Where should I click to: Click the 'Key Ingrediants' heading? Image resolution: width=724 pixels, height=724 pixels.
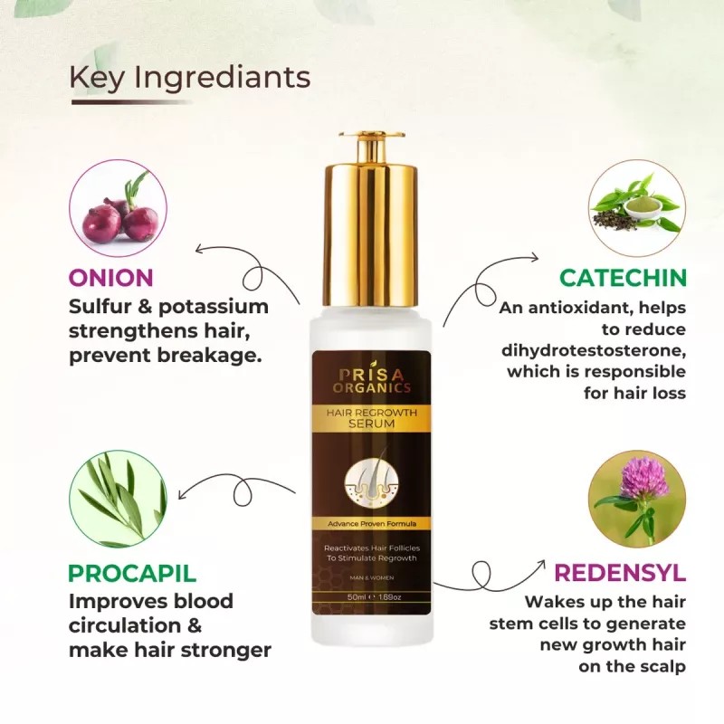coord(189,78)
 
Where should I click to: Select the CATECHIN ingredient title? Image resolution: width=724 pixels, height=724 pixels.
coord(623,278)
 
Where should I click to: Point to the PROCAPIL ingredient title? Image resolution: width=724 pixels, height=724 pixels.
coord(132,573)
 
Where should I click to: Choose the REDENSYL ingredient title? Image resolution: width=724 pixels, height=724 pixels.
coord(620,573)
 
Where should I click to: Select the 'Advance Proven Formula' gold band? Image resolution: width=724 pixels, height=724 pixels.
coord(371,525)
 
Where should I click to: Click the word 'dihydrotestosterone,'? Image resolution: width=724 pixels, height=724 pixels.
coord(593,350)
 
